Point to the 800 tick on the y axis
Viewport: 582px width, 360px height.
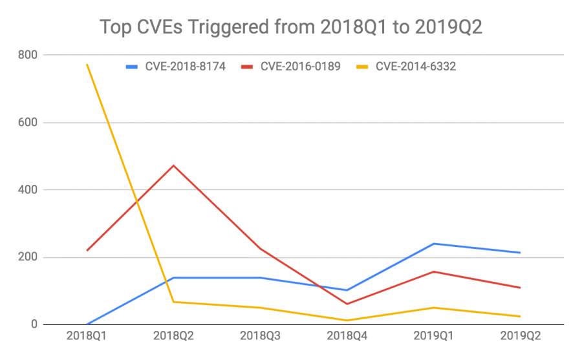point(27,55)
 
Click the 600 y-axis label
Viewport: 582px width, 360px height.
point(27,122)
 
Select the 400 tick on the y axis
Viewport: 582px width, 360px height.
point(27,190)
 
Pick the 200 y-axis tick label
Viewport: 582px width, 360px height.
point(27,257)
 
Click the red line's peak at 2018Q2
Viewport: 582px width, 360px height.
point(173,165)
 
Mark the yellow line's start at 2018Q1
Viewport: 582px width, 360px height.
point(87,65)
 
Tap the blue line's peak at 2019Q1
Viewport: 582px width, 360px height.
point(433,244)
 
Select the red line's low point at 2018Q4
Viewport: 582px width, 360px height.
point(347,304)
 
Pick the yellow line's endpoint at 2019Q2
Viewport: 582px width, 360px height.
point(520,316)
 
